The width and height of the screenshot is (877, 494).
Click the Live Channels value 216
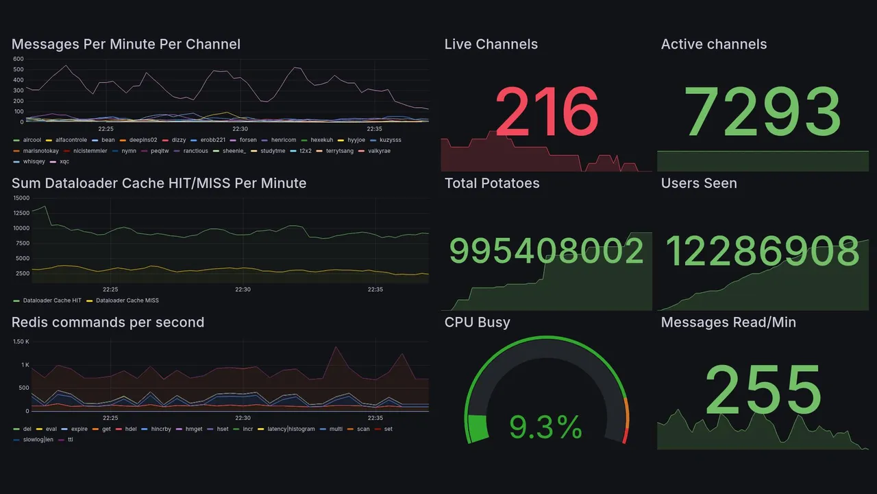tap(546, 112)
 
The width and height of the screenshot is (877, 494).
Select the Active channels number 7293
tap(763, 112)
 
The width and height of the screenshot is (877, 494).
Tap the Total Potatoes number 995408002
tap(546, 251)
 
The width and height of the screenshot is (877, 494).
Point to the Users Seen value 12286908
tap(763, 251)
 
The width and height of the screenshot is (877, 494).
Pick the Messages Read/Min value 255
tap(763, 390)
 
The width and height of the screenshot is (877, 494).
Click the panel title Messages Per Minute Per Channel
tap(126, 45)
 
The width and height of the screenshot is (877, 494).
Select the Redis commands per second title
tap(108, 322)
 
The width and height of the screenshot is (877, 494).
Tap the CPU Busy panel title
tap(477, 322)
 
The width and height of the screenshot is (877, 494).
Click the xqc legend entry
tap(64, 162)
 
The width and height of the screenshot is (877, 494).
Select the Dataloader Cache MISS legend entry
tap(127, 301)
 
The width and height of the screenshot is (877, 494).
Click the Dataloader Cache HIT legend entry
tap(52, 301)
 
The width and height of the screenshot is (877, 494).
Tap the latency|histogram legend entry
tap(291, 430)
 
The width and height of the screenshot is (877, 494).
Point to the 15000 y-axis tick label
tap(21, 198)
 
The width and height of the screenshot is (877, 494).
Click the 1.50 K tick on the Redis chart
tap(21, 342)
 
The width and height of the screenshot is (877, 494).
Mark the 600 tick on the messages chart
tap(18, 60)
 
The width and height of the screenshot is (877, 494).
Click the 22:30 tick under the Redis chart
tap(243, 418)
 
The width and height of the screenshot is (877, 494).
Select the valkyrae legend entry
tap(379, 151)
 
